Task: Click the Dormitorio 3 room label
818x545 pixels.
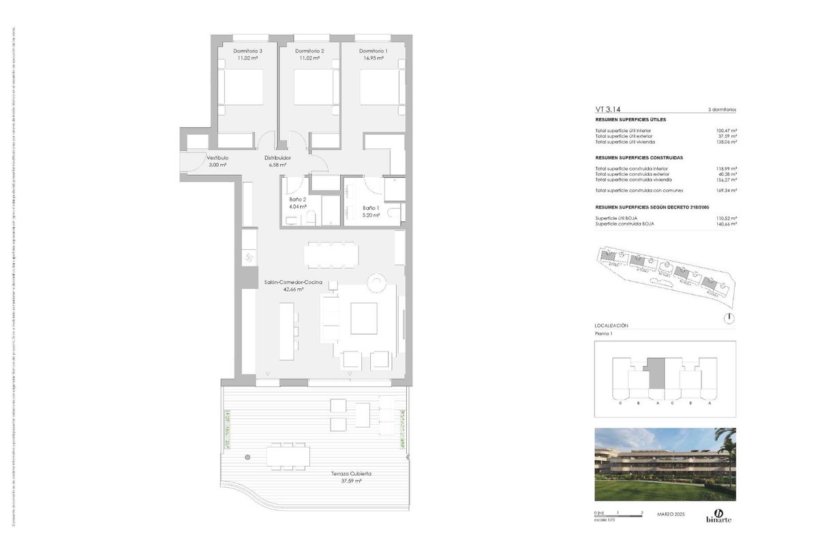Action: tap(247, 51)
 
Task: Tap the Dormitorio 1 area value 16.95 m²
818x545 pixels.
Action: tap(373, 59)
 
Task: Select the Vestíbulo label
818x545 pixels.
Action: tap(217, 157)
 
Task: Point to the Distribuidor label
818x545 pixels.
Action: tap(277, 157)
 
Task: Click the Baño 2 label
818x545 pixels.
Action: tap(297, 199)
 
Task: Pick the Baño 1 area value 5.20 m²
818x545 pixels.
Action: tap(372, 215)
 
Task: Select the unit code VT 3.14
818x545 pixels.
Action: tap(608, 108)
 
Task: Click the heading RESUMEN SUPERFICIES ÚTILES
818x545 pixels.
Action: tap(631, 119)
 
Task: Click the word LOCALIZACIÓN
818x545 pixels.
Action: tap(611, 326)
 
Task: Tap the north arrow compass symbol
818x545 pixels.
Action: tap(729, 317)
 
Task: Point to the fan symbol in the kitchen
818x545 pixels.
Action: tap(248, 257)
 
